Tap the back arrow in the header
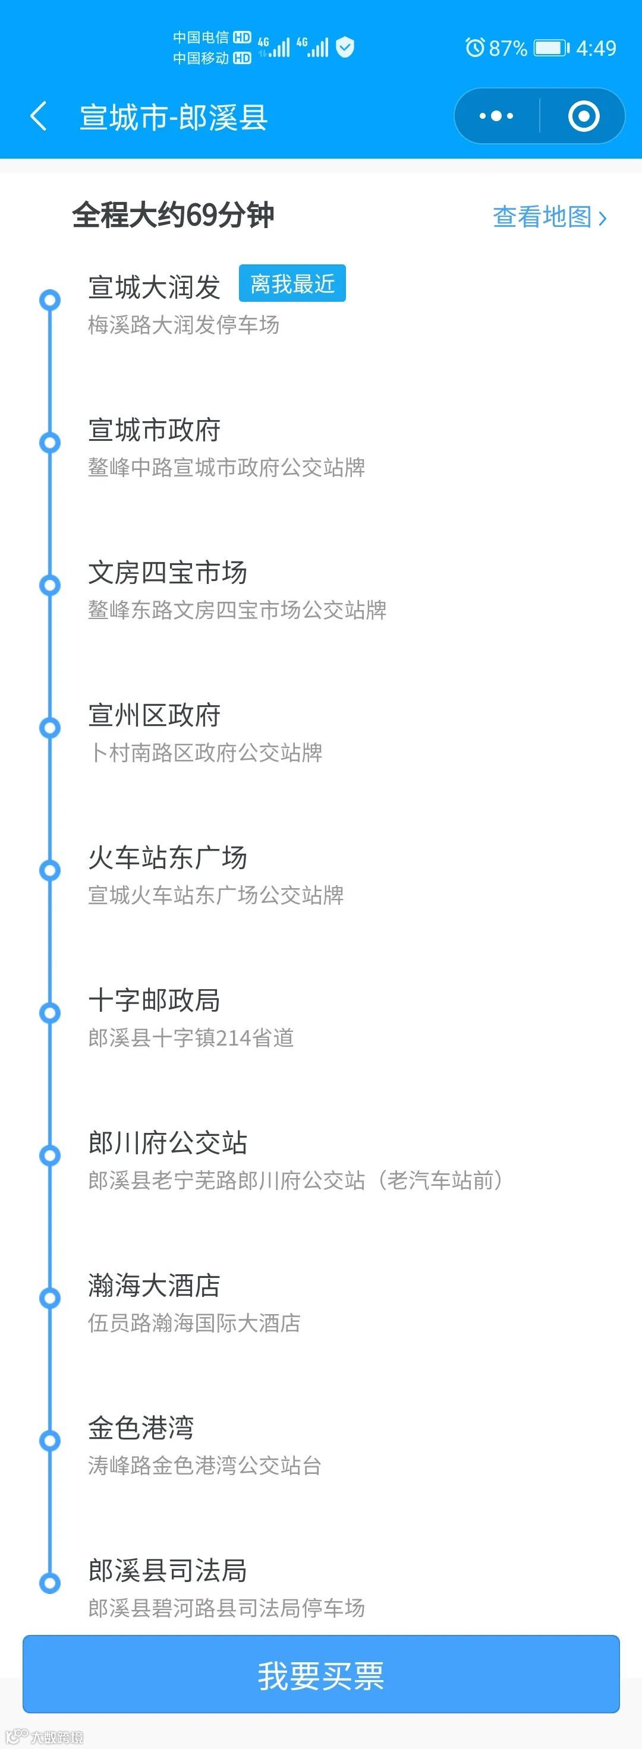tap(39, 116)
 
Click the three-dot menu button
tap(496, 116)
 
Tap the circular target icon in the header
tap(583, 116)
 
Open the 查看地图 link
tap(549, 217)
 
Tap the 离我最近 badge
tap(292, 283)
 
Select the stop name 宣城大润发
tap(154, 287)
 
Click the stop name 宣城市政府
tap(154, 430)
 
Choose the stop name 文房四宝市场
tap(167, 572)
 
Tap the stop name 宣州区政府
tap(154, 715)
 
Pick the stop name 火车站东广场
tap(167, 857)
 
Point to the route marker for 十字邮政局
tap(49, 1013)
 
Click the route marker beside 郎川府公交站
tap(49, 1156)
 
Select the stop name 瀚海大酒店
tap(154, 1285)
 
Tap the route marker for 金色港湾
tap(49, 1441)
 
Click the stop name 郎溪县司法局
tap(167, 1570)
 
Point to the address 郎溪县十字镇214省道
tap(191, 1037)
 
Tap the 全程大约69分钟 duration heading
tap(173, 215)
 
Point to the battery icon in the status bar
tap(551, 48)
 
